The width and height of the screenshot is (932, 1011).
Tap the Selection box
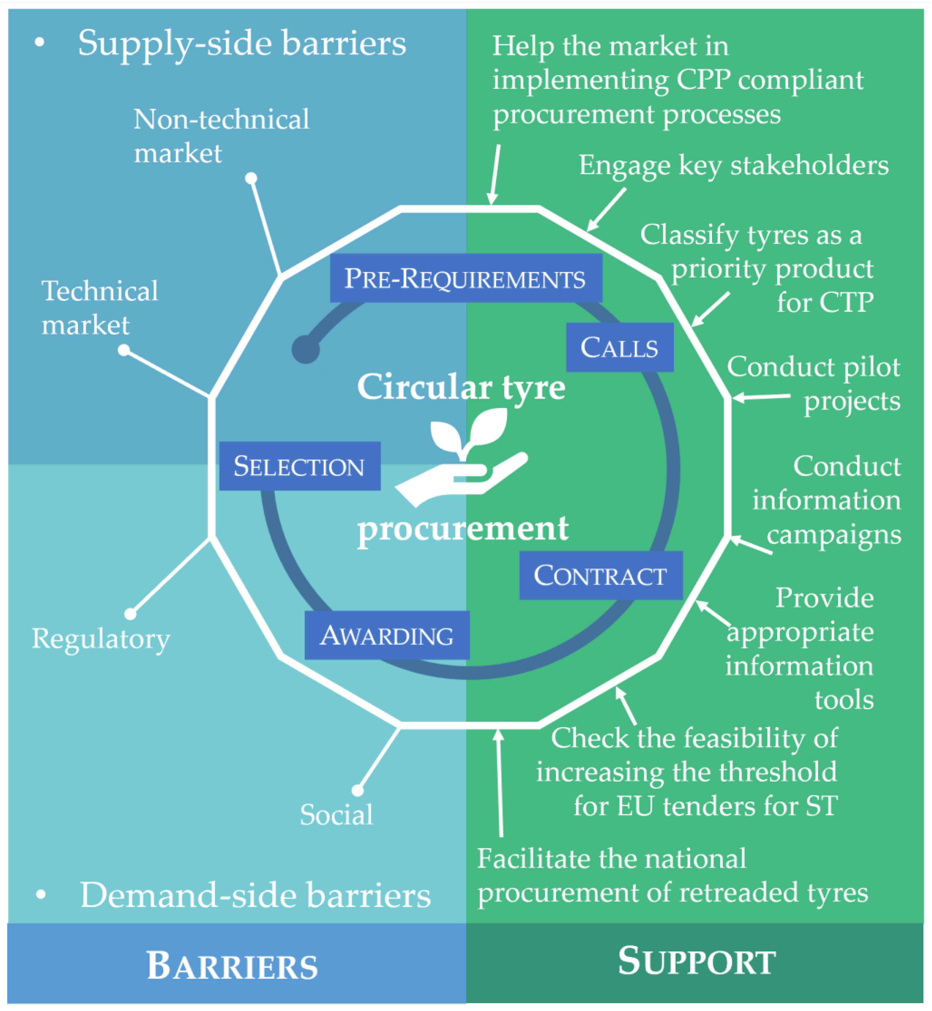tap(299, 466)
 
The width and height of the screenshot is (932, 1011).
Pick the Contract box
tap(601, 575)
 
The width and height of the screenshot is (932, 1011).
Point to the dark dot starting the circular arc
tap(306, 349)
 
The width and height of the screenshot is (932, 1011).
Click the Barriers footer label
tap(232, 966)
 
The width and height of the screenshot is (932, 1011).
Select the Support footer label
tap(697, 961)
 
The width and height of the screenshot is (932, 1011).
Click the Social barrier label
tap(336, 814)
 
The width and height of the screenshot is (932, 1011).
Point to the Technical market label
tap(99, 308)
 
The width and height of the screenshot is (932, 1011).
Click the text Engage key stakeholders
tap(733, 165)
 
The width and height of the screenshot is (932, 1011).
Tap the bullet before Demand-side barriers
tap(41, 895)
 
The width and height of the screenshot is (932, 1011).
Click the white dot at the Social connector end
tap(358, 790)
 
